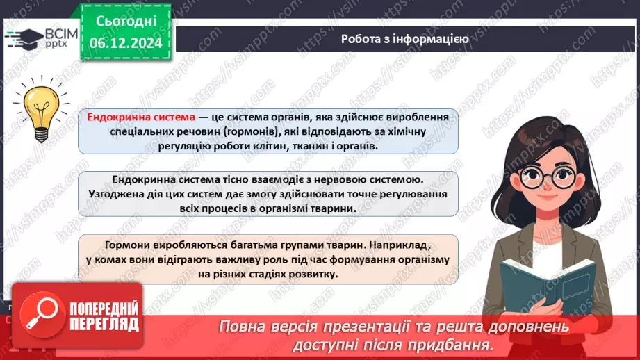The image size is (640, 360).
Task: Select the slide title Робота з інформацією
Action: (x=404, y=39)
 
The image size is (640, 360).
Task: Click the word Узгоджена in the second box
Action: (x=120, y=195)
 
